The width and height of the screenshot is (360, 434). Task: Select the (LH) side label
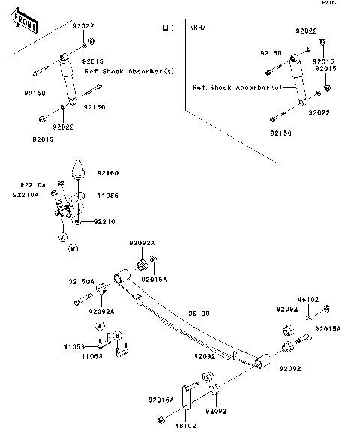tap(166, 28)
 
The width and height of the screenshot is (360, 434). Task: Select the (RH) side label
tap(198, 28)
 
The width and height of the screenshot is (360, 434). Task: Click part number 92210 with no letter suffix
tap(106, 222)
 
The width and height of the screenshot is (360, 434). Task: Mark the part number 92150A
tap(82, 282)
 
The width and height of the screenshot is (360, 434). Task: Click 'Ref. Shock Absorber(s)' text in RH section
tap(236, 87)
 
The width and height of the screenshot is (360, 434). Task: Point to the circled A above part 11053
tap(98, 326)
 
